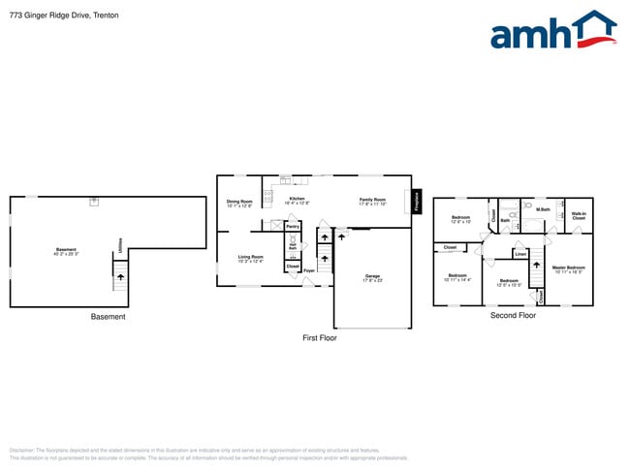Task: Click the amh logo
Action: pyautogui.click(x=552, y=31)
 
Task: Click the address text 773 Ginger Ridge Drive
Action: pyautogui.click(x=49, y=16)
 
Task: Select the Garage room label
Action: pyautogui.click(x=372, y=278)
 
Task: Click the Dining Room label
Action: pyautogui.click(x=239, y=204)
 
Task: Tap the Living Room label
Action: pyautogui.click(x=251, y=259)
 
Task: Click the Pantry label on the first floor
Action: pyautogui.click(x=292, y=227)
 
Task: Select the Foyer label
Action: pyautogui.click(x=308, y=271)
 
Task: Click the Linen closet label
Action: pyautogui.click(x=520, y=254)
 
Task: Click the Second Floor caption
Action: pyautogui.click(x=514, y=316)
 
